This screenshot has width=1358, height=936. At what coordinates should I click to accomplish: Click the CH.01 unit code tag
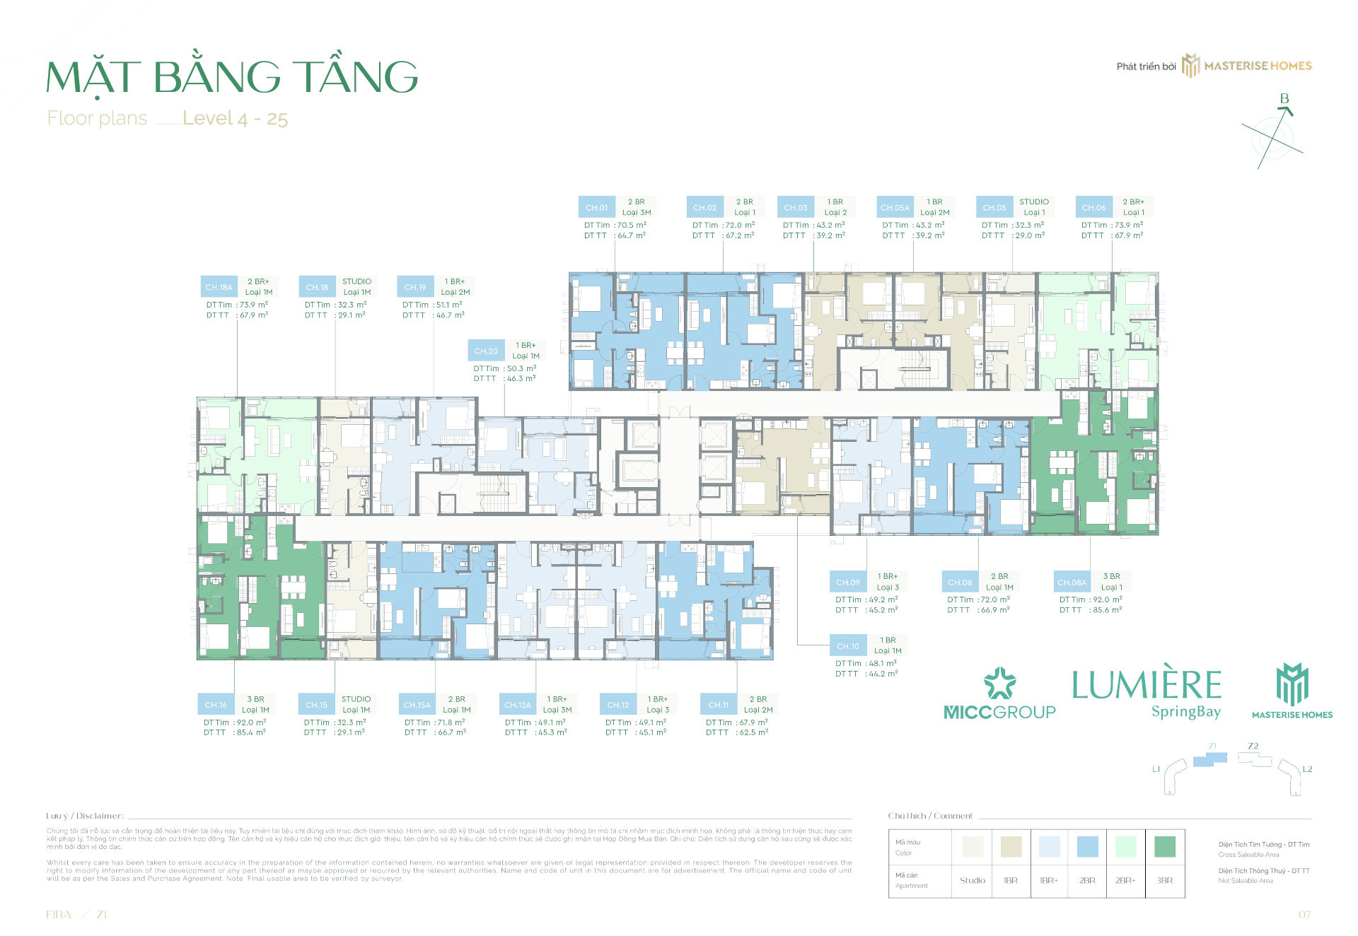click(x=596, y=207)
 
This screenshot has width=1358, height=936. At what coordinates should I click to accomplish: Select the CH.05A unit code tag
click(x=895, y=207)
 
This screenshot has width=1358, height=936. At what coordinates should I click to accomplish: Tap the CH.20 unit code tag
click(x=486, y=351)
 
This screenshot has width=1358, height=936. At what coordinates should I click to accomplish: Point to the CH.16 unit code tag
click(x=216, y=705)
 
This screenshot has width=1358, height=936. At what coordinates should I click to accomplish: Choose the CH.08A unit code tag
click(x=1072, y=583)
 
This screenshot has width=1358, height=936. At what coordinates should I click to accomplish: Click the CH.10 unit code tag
click(x=848, y=646)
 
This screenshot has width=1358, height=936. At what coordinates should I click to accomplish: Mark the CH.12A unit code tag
click(x=518, y=705)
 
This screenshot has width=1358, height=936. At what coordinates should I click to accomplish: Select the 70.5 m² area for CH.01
click(x=632, y=225)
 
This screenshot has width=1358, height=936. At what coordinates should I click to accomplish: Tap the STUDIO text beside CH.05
click(x=1034, y=201)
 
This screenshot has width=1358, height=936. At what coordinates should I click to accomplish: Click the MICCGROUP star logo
click(x=999, y=683)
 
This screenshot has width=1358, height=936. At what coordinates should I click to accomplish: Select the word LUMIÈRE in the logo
click(x=1147, y=684)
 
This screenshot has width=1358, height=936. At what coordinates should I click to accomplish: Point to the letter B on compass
click(x=1284, y=99)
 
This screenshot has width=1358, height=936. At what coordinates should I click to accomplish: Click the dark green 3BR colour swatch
click(x=1164, y=846)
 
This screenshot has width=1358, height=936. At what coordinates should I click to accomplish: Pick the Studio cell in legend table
click(x=973, y=880)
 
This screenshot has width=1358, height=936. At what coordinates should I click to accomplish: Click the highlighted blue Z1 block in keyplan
click(x=1210, y=759)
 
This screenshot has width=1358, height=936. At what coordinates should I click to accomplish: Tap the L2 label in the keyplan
click(x=1307, y=769)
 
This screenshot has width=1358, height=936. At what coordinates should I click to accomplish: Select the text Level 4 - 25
click(x=235, y=118)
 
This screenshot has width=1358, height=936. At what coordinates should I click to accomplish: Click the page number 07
click(x=1304, y=915)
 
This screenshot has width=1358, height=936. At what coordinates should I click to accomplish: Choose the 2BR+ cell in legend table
click(x=1125, y=880)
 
